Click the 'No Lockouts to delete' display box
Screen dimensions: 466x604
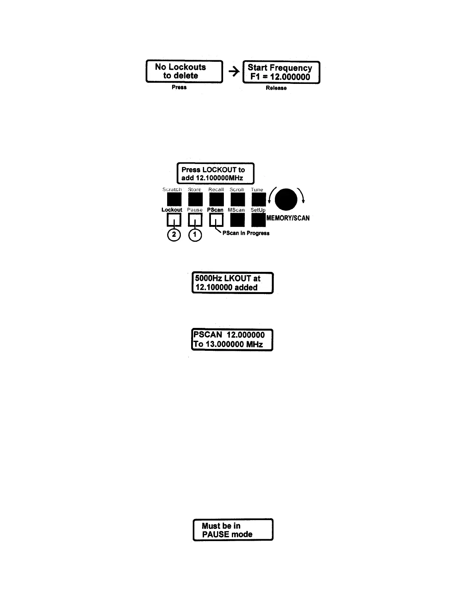pos(184,71)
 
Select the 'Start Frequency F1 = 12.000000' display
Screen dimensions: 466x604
pos(281,72)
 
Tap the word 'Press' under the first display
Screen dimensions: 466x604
pos(179,87)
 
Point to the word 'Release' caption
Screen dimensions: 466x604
pos(276,88)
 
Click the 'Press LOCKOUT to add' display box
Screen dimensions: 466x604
pos(215,173)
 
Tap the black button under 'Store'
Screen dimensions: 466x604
pos(195,199)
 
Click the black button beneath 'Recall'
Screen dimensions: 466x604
pos(216,199)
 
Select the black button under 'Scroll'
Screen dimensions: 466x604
pos(237,199)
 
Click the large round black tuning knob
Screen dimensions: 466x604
pos(286,199)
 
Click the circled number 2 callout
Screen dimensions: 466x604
pos(174,235)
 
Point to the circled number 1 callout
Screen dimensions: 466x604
pos(195,235)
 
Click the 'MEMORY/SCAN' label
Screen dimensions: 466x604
pos(288,218)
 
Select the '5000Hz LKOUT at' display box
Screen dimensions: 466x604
pos(232,283)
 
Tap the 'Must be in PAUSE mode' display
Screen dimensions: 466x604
pos(233,530)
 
